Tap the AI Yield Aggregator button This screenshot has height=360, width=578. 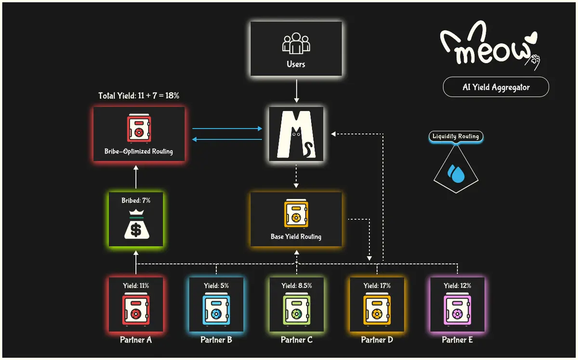(x=496, y=88)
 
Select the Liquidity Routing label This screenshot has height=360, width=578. (x=455, y=137)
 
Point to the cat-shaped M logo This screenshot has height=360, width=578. (x=296, y=134)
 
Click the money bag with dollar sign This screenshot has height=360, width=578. (x=136, y=224)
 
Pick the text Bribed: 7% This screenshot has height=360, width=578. (x=136, y=200)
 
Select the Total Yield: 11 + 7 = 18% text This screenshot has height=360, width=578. (x=139, y=96)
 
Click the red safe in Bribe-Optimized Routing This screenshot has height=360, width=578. (x=139, y=129)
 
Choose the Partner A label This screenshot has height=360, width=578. (x=136, y=340)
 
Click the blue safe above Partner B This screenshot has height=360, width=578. (x=216, y=310)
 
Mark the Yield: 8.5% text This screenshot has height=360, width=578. (x=297, y=285)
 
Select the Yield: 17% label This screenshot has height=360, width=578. (x=377, y=285)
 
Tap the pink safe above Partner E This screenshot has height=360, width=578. (x=457, y=310)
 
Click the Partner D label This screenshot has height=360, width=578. (x=377, y=340)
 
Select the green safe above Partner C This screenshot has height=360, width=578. (x=297, y=310)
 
